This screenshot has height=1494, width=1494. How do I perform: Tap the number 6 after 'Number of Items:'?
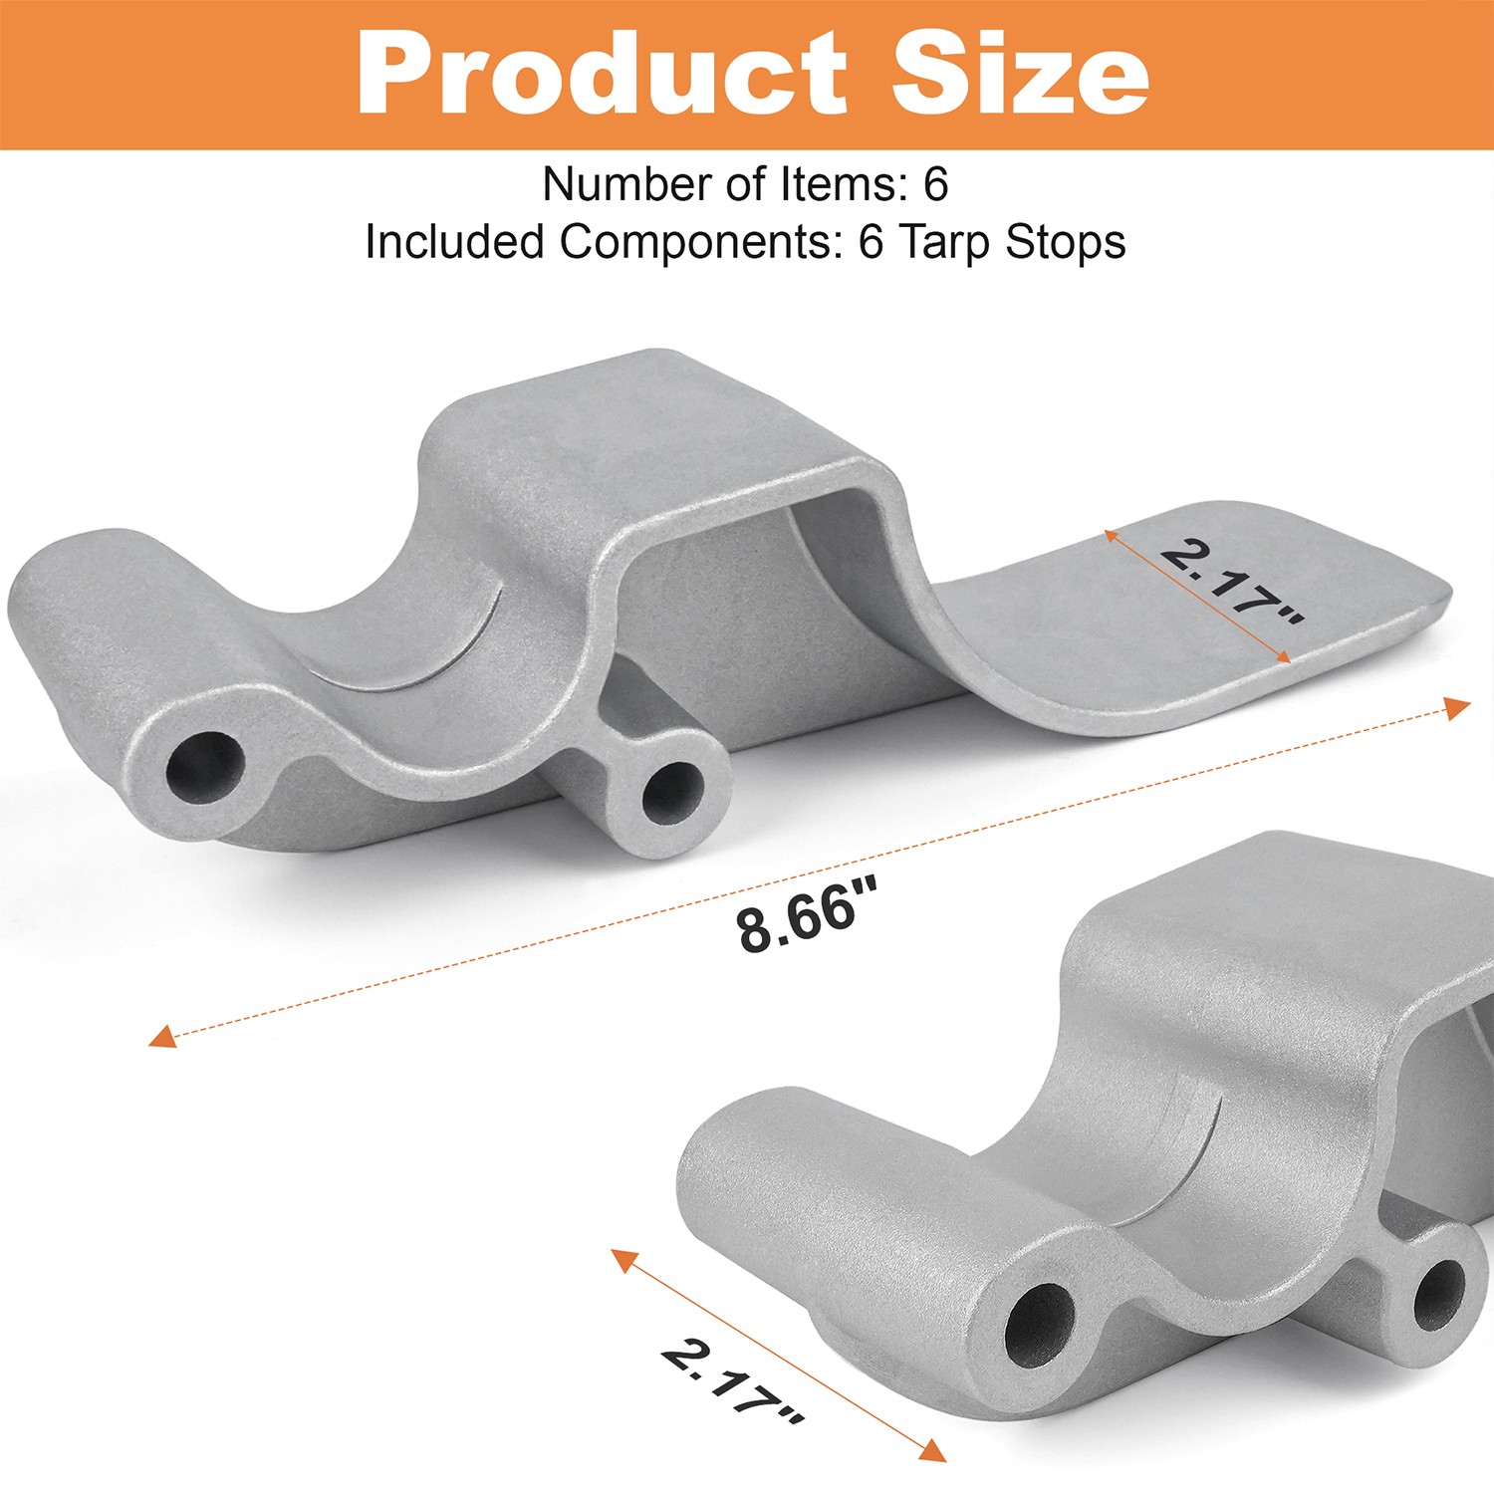click(935, 184)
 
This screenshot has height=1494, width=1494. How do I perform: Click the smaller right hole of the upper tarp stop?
click(671, 792)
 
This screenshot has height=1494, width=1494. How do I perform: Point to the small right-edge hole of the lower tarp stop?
click(1439, 1295)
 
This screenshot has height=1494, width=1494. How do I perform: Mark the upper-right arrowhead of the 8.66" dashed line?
click(1458, 707)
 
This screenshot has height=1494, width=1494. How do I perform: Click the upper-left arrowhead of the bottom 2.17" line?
click(623, 1260)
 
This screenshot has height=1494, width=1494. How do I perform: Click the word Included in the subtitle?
click(454, 243)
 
